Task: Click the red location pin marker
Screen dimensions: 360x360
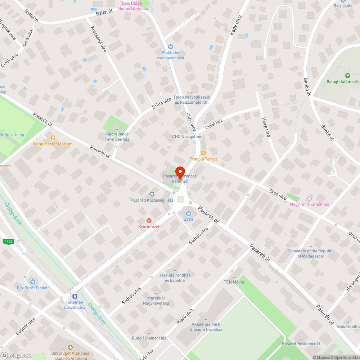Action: [x=180, y=173]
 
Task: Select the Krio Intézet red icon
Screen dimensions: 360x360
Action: [x=149, y=221]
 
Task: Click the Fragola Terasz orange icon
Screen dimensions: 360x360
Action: [x=203, y=153]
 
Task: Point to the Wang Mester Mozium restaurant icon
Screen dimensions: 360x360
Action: [x=53, y=138]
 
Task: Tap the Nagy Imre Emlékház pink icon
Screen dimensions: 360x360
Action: [x=309, y=198]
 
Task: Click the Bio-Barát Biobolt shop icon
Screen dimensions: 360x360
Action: [x=33, y=282]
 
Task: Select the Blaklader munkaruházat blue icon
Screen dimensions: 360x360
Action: [x=171, y=46]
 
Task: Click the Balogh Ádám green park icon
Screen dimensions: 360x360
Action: [x=347, y=76]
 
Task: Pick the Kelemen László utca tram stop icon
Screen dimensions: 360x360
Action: [x=75, y=296]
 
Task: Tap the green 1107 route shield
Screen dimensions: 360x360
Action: [x=9, y=242]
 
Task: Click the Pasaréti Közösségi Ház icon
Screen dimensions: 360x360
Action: [x=152, y=194]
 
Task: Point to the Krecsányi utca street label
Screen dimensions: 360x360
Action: [x=99, y=39]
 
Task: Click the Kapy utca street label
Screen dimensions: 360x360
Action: [x=235, y=25]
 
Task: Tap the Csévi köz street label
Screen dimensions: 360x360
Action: [x=214, y=125]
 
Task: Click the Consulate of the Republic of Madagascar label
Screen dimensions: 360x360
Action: [x=311, y=253]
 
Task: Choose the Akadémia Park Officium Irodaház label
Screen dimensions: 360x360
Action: [x=206, y=327]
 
